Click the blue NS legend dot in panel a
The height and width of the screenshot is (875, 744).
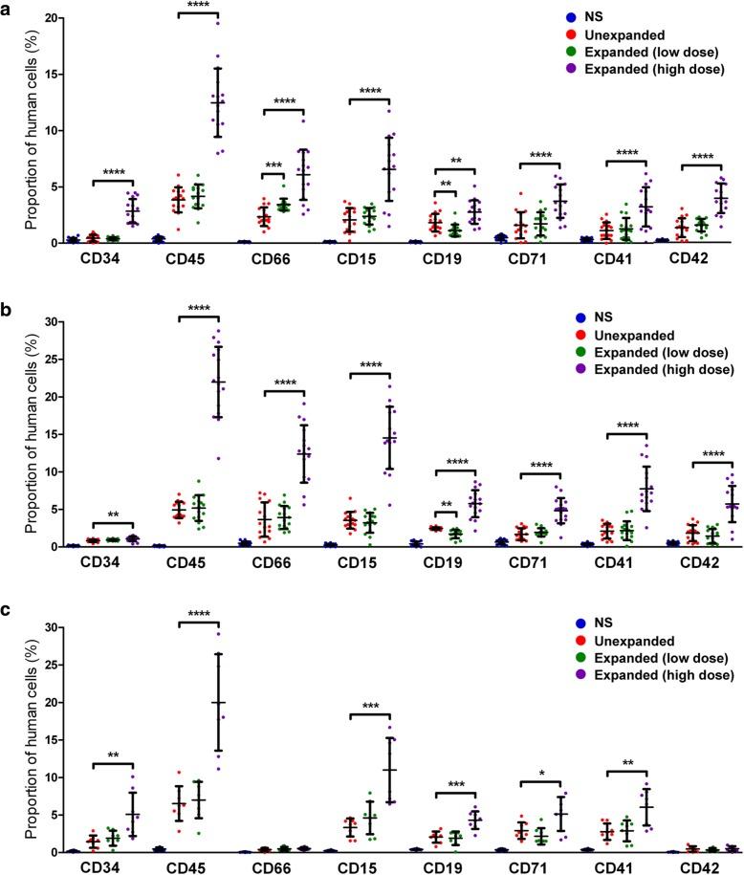point(570,17)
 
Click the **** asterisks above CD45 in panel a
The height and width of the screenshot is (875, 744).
point(198,9)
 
